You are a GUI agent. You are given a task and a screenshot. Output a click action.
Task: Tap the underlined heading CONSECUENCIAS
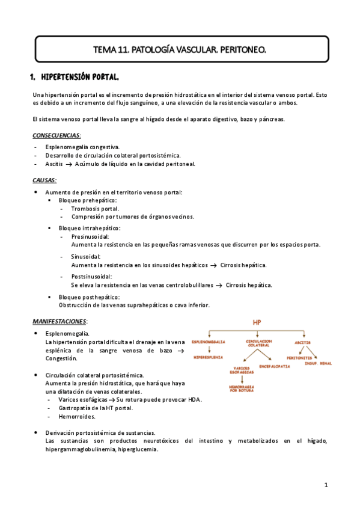coord(56,136)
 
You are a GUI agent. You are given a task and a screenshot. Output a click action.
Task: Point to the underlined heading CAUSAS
coord(44,180)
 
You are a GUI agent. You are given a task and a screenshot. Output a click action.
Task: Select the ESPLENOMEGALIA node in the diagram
coord(209,342)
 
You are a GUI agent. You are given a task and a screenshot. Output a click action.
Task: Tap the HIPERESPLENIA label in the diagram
coord(209,357)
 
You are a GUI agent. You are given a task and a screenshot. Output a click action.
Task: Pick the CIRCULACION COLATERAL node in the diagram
coord(258,343)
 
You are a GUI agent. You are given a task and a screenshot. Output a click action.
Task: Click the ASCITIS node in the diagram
coord(302,342)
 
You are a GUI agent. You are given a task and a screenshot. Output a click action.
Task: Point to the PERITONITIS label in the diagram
coord(299,357)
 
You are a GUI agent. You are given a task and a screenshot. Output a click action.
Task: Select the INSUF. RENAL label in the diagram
coord(319,363)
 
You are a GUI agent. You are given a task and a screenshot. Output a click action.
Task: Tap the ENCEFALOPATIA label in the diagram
coord(276,366)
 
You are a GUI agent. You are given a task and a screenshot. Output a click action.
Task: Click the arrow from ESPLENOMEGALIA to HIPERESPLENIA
coord(209,349)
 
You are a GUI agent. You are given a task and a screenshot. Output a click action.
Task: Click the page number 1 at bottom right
coord(325,484)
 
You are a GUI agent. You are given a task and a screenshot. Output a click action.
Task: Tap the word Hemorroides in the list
coord(77,416)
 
